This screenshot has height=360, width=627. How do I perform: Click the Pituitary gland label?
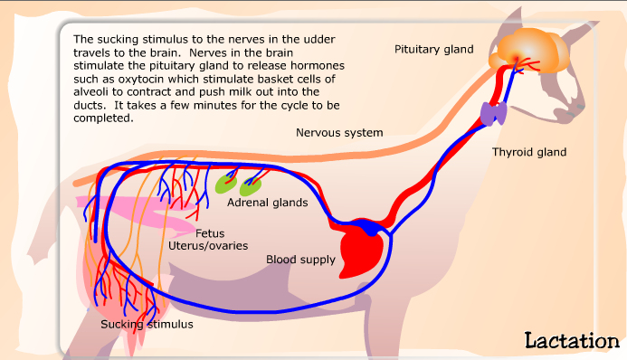coord(433,49)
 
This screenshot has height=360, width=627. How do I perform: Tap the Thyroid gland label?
coord(528,152)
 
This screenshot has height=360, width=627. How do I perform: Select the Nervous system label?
coord(339,133)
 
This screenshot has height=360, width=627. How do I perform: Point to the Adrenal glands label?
coord(267,203)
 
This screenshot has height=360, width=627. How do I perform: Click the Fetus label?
coord(210,232)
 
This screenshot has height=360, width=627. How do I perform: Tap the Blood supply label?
coord(300,260)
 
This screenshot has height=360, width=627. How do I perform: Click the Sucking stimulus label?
coord(146,323)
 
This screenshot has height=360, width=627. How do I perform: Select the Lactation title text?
coord(571,340)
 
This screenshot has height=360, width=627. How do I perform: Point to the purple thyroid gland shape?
coord(494,113)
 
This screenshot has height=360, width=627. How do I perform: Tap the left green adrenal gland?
coord(224,185)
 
